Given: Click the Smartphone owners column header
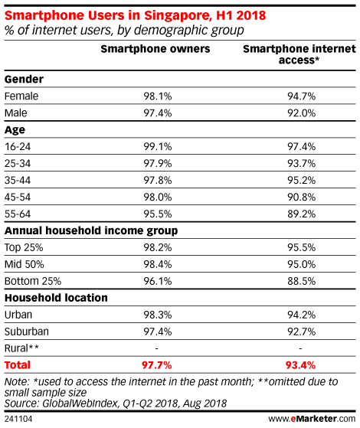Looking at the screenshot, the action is click(x=155, y=49).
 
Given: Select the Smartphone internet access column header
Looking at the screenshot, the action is click(x=299, y=54).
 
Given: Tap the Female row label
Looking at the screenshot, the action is click(x=21, y=96).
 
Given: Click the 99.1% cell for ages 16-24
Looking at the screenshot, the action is click(x=158, y=146).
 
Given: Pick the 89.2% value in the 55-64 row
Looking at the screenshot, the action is click(x=301, y=214).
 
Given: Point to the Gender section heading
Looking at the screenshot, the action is click(x=24, y=80).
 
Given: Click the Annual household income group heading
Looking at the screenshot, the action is click(x=91, y=231).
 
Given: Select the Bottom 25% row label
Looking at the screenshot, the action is click(x=33, y=281).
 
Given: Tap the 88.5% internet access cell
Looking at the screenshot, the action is click(x=301, y=281).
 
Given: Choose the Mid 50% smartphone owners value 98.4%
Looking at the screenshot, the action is click(x=158, y=264).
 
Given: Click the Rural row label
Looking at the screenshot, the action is click(x=21, y=348).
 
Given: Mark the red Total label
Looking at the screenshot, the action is click(x=18, y=365).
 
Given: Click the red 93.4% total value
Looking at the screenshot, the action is click(x=300, y=365).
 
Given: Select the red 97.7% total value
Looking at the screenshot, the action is click(x=156, y=365).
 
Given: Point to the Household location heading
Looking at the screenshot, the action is click(x=56, y=298).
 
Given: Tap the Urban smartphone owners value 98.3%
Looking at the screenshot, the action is click(x=158, y=315).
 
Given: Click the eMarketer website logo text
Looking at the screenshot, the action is click(x=312, y=419).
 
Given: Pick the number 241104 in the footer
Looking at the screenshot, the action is click(x=18, y=419).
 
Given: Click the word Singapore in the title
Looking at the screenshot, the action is click(x=178, y=16).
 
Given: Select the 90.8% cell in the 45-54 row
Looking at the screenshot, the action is click(x=301, y=197).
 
